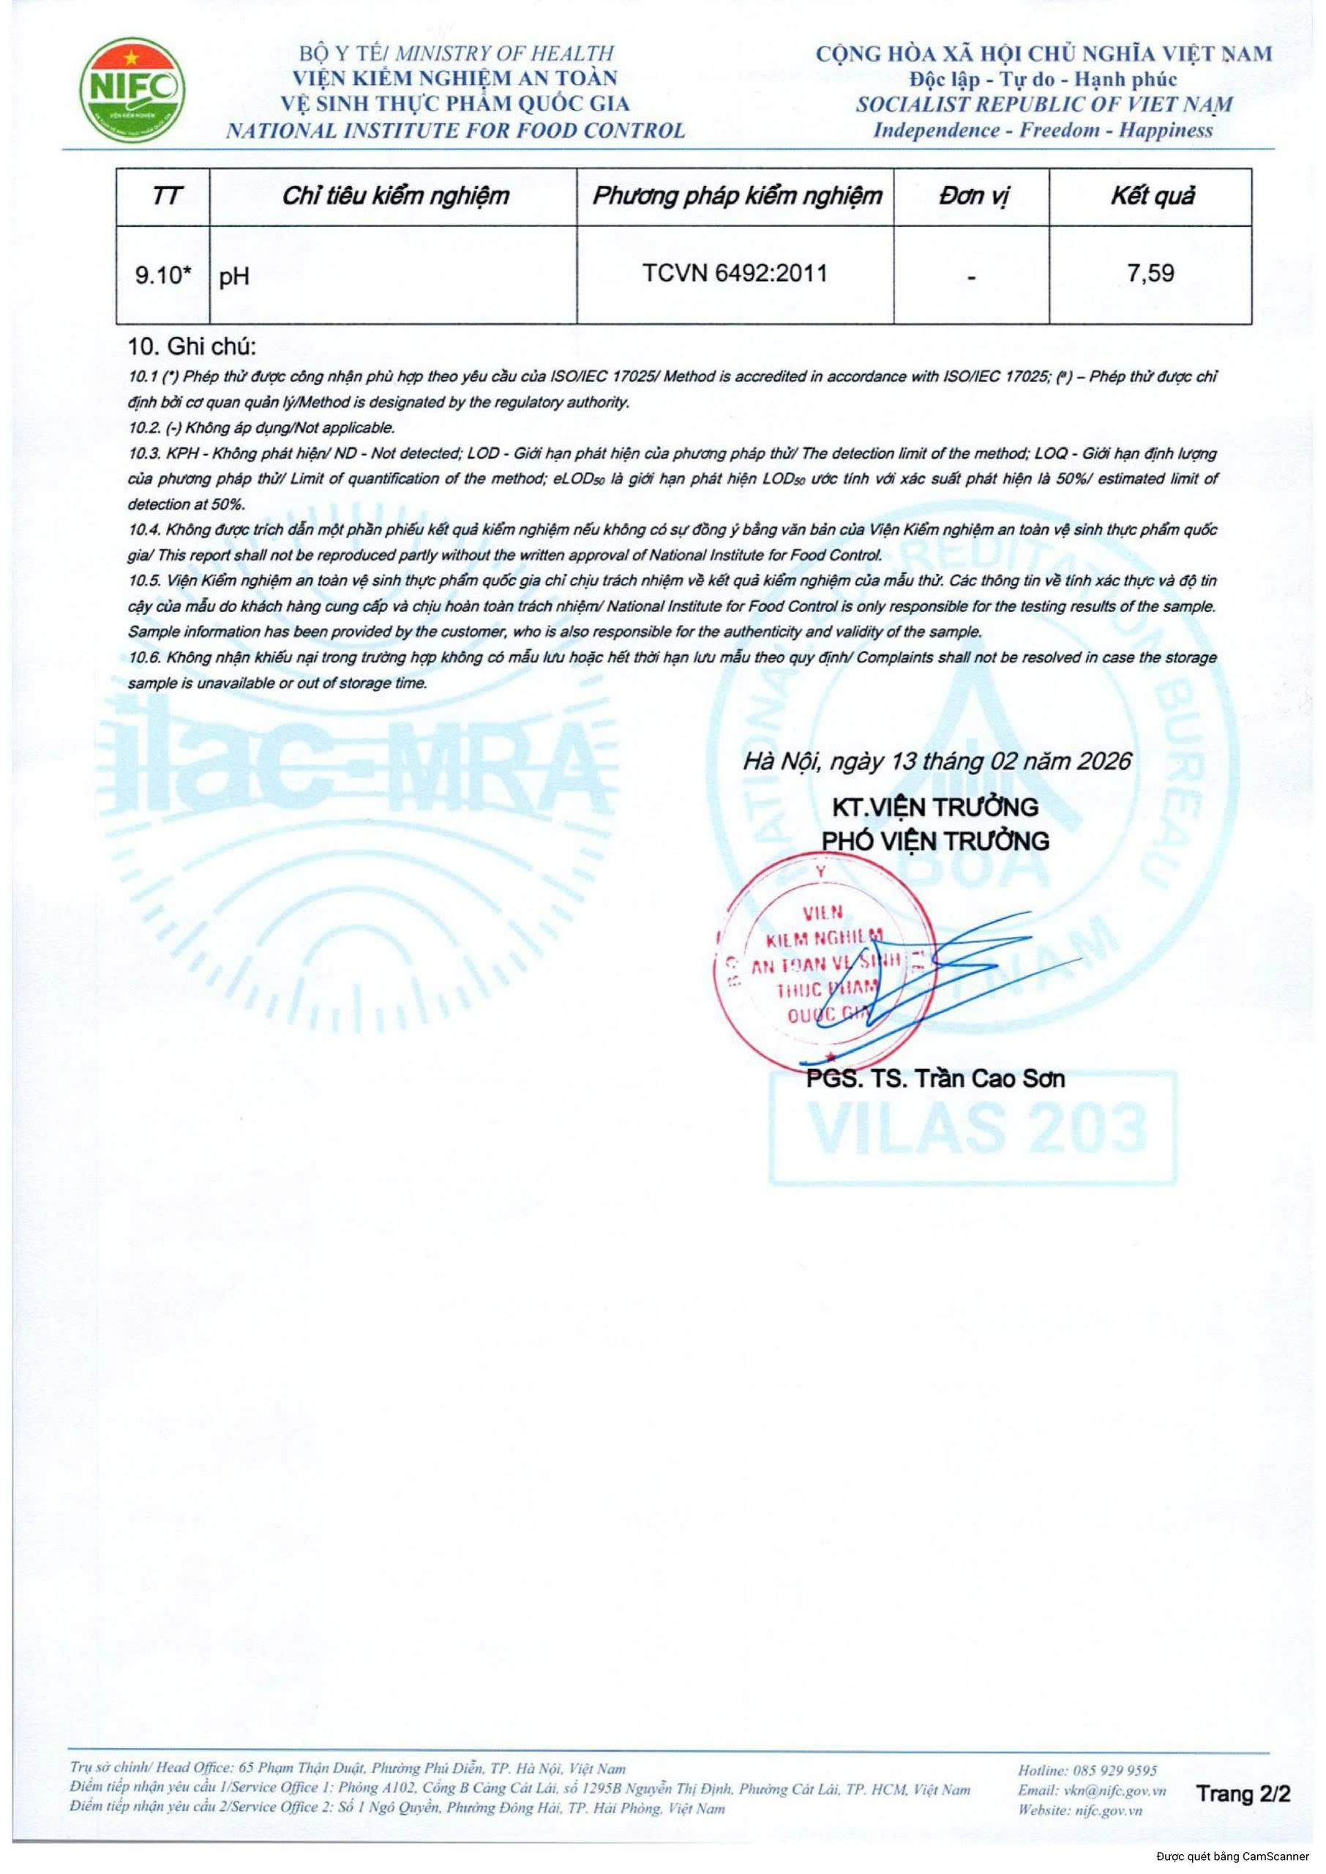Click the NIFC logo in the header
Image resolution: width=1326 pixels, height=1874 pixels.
tap(132, 91)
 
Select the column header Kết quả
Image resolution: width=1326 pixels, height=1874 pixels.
tap(1151, 196)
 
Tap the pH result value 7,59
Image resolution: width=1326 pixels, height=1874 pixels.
tap(1150, 273)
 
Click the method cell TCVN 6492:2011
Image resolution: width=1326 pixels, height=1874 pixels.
tap(734, 273)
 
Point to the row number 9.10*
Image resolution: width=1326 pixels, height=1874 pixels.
tap(163, 275)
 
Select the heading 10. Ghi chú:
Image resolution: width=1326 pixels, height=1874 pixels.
tap(192, 346)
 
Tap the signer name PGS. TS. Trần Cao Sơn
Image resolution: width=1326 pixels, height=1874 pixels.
tap(935, 1079)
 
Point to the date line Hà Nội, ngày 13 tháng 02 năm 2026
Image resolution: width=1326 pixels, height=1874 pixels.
tap(937, 761)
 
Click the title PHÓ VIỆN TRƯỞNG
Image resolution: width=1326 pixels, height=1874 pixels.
tap(935, 840)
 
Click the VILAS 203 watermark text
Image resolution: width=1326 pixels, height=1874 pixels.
tap(975, 1127)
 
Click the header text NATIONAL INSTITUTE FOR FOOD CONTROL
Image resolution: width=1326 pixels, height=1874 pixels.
tap(454, 130)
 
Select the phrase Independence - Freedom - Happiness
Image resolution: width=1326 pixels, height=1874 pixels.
tap(1043, 130)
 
